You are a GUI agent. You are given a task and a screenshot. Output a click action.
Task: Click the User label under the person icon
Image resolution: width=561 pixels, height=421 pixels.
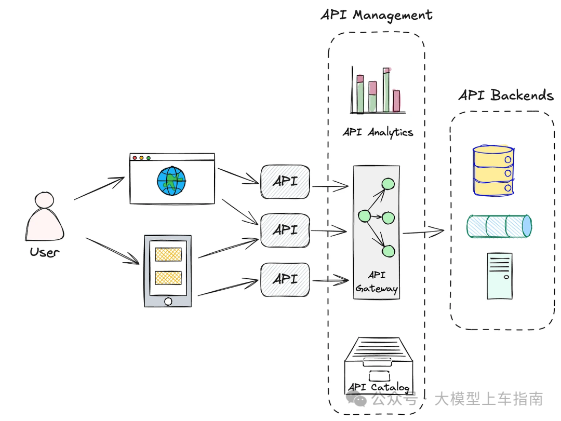pyautogui.click(x=44, y=252)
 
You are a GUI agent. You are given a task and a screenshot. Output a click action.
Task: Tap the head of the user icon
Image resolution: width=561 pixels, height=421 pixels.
pyautogui.click(x=44, y=200)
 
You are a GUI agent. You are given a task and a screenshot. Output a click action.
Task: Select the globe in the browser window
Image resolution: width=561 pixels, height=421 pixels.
pyautogui.click(x=171, y=181)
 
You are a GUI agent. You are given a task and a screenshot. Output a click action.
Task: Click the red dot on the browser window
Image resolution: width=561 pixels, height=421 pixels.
pyautogui.click(x=135, y=158)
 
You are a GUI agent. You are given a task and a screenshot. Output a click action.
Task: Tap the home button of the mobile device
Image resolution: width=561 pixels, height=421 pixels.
pyautogui.click(x=168, y=302)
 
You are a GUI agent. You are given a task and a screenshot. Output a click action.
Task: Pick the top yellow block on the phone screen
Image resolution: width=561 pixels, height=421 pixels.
pyautogui.click(x=168, y=254)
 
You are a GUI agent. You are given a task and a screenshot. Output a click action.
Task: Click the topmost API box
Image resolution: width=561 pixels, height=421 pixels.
pyautogui.click(x=285, y=182)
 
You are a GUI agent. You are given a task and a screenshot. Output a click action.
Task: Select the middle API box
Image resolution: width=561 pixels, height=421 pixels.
pyautogui.click(x=285, y=230)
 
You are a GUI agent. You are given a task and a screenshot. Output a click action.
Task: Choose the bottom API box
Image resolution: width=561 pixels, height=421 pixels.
pyautogui.click(x=285, y=279)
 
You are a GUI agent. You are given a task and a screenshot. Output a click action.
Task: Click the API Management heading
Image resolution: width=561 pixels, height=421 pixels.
pyautogui.click(x=377, y=16)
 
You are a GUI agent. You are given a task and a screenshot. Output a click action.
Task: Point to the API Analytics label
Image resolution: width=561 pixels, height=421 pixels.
pyautogui.click(x=378, y=132)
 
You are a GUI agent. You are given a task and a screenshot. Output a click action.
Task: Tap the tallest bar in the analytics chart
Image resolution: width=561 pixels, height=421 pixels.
pyautogui.click(x=386, y=90)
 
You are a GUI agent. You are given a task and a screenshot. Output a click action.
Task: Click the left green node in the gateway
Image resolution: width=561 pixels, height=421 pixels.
pyautogui.click(x=364, y=215)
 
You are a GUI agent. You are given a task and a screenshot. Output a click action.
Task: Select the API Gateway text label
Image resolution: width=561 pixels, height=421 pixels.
pyautogui.click(x=377, y=282)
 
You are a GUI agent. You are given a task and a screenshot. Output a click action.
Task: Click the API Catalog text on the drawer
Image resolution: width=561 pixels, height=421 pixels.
pyautogui.click(x=379, y=387)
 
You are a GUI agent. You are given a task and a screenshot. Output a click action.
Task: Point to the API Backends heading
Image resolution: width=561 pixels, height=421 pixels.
pyautogui.click(x=506, y=96)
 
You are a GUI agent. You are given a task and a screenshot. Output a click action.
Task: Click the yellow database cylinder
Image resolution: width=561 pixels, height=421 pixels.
pyautogui.click(x=493, y=170)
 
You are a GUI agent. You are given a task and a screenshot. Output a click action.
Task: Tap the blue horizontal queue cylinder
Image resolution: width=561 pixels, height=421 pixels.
pyautogui.click(x=499, y=226)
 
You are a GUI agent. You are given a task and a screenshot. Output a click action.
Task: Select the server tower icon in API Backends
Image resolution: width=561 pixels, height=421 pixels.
pyautogui.click(x=500, y=276)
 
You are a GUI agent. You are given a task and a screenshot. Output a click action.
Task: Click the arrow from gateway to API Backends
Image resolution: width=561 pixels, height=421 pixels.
pyautogui.click(x=423, y=232)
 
